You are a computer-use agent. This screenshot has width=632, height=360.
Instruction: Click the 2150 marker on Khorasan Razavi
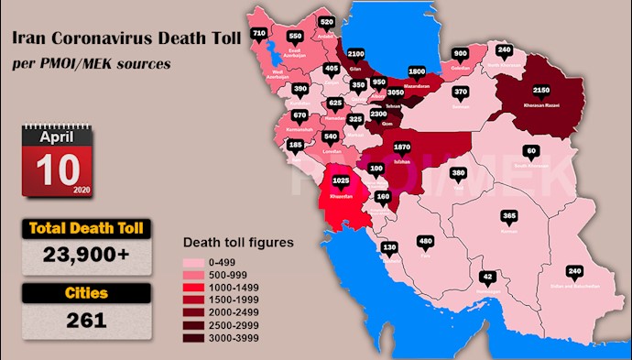[541, 92]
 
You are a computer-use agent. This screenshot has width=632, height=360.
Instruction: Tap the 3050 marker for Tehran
[397, 93]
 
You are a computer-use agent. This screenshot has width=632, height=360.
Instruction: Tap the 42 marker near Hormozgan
[488, 276]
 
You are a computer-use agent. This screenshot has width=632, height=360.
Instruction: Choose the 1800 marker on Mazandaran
[417, 71]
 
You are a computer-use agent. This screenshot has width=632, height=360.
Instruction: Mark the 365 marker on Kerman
[510, 216]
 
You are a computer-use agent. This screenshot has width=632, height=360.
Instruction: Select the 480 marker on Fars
[425, 242]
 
